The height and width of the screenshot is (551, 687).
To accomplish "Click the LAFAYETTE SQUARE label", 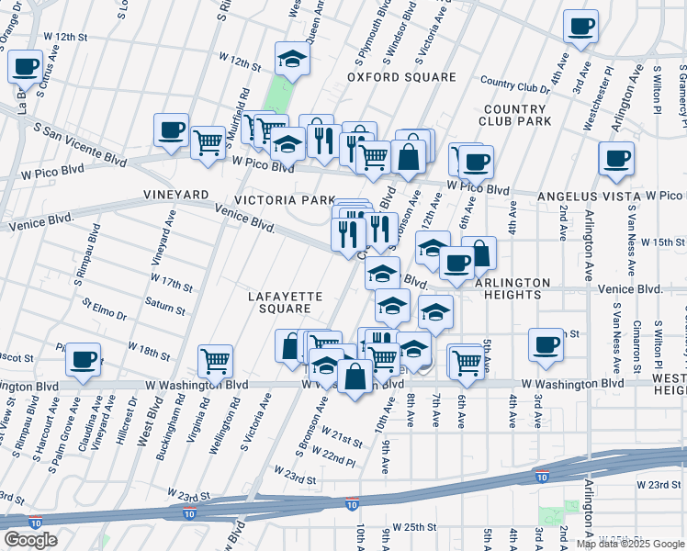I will pos(285,302).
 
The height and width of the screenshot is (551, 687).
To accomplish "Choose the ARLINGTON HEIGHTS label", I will pos(512,288).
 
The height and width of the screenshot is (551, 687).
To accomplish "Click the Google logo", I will pos(30,540).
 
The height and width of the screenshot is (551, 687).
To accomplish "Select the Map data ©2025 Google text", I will pos(630,544).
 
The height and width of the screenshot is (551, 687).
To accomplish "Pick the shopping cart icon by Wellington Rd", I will pos(215,361).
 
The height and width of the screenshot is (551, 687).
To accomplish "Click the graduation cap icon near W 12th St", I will pos(292,59).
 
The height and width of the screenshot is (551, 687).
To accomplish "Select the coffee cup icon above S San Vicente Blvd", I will pos(171,130).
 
